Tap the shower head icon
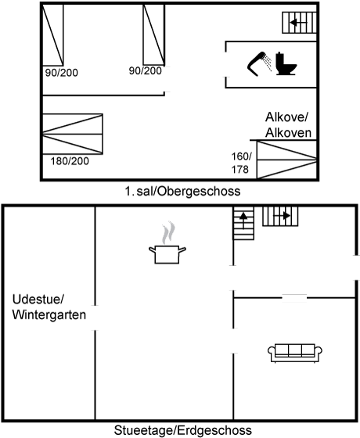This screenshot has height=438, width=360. pyautogui.click(x=256, y=63)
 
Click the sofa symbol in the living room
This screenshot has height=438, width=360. pyautogui.click(x=295, y=353)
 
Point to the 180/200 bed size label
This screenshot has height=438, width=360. pyautogui.click(x=70, y=161)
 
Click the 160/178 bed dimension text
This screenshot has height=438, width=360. pyautogui.click(x=241, y=163)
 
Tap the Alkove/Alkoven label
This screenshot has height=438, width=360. pyautogui.click(x=288, y=125)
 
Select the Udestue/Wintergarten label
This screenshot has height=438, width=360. pyautogui.click(x=49, y=307)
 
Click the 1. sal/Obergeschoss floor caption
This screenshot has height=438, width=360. pyautogui.click(x=182, y=192)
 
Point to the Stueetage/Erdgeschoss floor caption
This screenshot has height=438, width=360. pyautogui.click(x=183, y=430)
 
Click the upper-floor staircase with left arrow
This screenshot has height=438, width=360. pyautogui.click(x=299, y=23)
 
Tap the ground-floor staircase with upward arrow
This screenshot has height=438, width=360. pyautogui.click(x=243, y=223)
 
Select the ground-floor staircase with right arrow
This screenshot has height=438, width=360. pyautogui.click(x=280, y=216)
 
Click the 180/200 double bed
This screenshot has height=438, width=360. pyautogui.click(x=72, y=134)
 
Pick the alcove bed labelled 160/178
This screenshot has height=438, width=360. pyautogui.click(x=286, y=160)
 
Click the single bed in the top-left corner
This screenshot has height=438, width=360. pyautogui.click(x=52, y=35)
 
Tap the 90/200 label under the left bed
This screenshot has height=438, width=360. pyautogui.click(x=62, y=73)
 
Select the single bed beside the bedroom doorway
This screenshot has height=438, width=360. pyautogui.click(x=153, y=34)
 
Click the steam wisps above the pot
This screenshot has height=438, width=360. pyautogui.click(x=168, y=233)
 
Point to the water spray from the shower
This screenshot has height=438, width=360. pyautogui.click(x=268, y=63)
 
